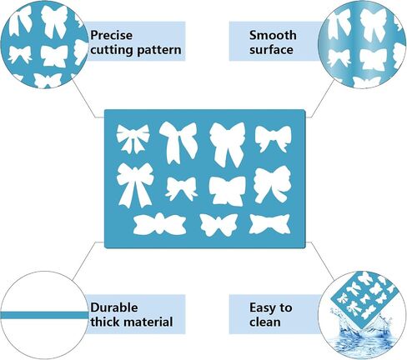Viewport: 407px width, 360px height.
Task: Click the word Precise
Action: (x=111, y=35)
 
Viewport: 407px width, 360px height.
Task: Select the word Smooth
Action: (x=273, y=35)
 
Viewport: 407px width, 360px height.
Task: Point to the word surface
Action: (x=271, y=50)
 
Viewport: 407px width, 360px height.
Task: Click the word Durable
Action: (x=114, y=307)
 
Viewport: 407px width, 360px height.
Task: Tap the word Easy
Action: (x=261, y=308)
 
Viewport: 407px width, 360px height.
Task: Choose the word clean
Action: (x=265, y=322)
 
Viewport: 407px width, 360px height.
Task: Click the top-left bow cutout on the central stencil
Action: (x=133, y=138)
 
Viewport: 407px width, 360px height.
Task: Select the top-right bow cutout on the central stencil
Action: (x=274, y=138)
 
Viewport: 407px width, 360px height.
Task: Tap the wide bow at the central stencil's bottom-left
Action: (x=159, y=224)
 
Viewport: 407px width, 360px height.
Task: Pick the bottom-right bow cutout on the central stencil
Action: (x=269, y=224)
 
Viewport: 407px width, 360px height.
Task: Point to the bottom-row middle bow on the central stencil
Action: (x=219, y=224)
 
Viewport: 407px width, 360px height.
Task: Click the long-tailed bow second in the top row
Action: (x=178, y=142)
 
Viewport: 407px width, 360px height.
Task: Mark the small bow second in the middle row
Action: (x=181, y=188)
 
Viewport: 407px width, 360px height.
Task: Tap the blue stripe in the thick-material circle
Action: (x=44, y=315)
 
